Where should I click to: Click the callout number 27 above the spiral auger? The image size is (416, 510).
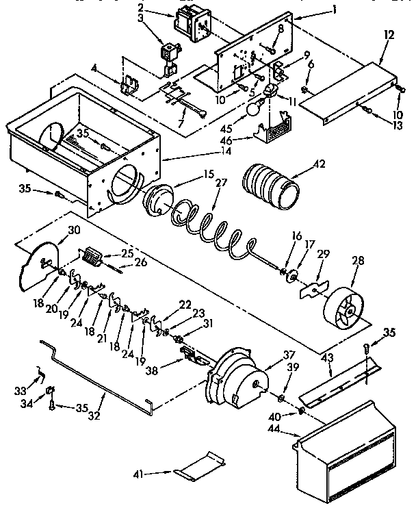click(x=220, y=183)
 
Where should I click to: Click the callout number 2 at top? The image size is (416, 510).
click(x=158, y=8)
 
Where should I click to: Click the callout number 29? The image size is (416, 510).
click(x=323, y=255)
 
